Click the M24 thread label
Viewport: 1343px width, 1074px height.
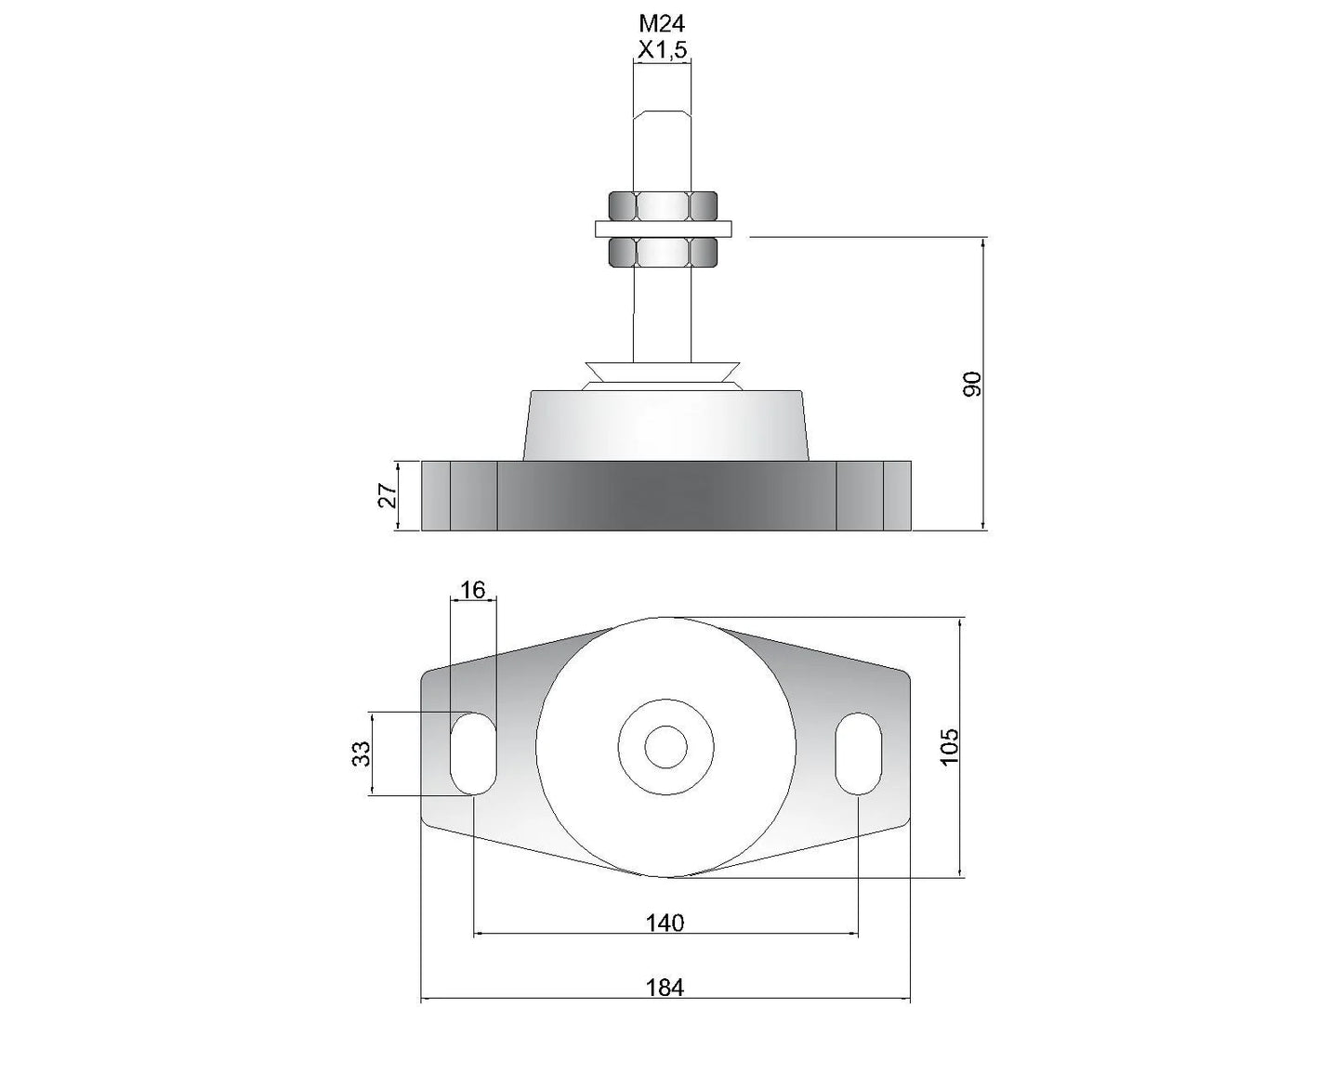point(662,24)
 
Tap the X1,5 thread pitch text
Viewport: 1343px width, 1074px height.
point(662,50)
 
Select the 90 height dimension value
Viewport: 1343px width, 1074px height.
point(972,384)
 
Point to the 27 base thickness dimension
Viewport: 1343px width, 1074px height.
point(388,495)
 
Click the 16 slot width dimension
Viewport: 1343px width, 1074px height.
point(472,589)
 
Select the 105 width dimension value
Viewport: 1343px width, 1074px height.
point(949,746)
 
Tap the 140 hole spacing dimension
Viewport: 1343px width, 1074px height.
point(665,923)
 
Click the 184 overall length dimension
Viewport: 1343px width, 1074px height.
point(665,988)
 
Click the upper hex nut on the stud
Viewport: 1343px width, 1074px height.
point(663,204)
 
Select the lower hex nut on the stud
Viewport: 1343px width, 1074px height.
point(663,252)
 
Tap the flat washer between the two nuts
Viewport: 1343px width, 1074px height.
point(663,228)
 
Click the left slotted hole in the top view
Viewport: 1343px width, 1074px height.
point(473,753)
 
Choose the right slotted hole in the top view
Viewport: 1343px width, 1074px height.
point(857,753)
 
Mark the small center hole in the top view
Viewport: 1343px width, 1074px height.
point(665,747)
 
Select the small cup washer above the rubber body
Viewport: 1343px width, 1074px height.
point(663,372)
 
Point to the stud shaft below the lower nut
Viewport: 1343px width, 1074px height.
point(663,311)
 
